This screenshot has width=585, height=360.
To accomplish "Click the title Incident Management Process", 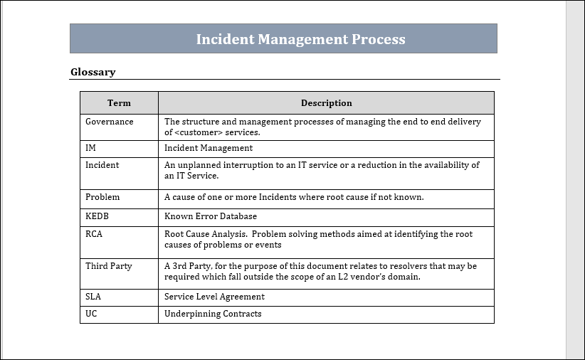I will pos(300,39).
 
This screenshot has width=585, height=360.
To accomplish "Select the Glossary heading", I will pos(93,72).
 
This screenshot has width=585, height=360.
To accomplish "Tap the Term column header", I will pos(119,103).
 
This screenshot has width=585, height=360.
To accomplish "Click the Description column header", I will pos(326,103).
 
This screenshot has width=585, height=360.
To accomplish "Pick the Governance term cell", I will pos(109,122).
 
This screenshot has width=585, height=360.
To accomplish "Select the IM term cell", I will pos(90,148).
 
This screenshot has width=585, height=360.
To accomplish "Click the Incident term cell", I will pos(102,165).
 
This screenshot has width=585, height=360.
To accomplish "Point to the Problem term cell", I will pos(102,197).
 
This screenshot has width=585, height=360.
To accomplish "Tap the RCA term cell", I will pos(94,234).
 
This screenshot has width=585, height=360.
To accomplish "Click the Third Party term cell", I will pos(108,266).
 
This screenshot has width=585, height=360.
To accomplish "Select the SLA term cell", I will pos(93,297).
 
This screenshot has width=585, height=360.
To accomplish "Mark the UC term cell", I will pos(91,314).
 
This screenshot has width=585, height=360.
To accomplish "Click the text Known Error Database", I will pos(211,216).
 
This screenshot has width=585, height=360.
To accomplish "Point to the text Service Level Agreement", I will pos(214,297).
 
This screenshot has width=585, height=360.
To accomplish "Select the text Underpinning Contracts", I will pos(213,314).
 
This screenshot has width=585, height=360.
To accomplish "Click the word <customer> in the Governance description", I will pos(196,132).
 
